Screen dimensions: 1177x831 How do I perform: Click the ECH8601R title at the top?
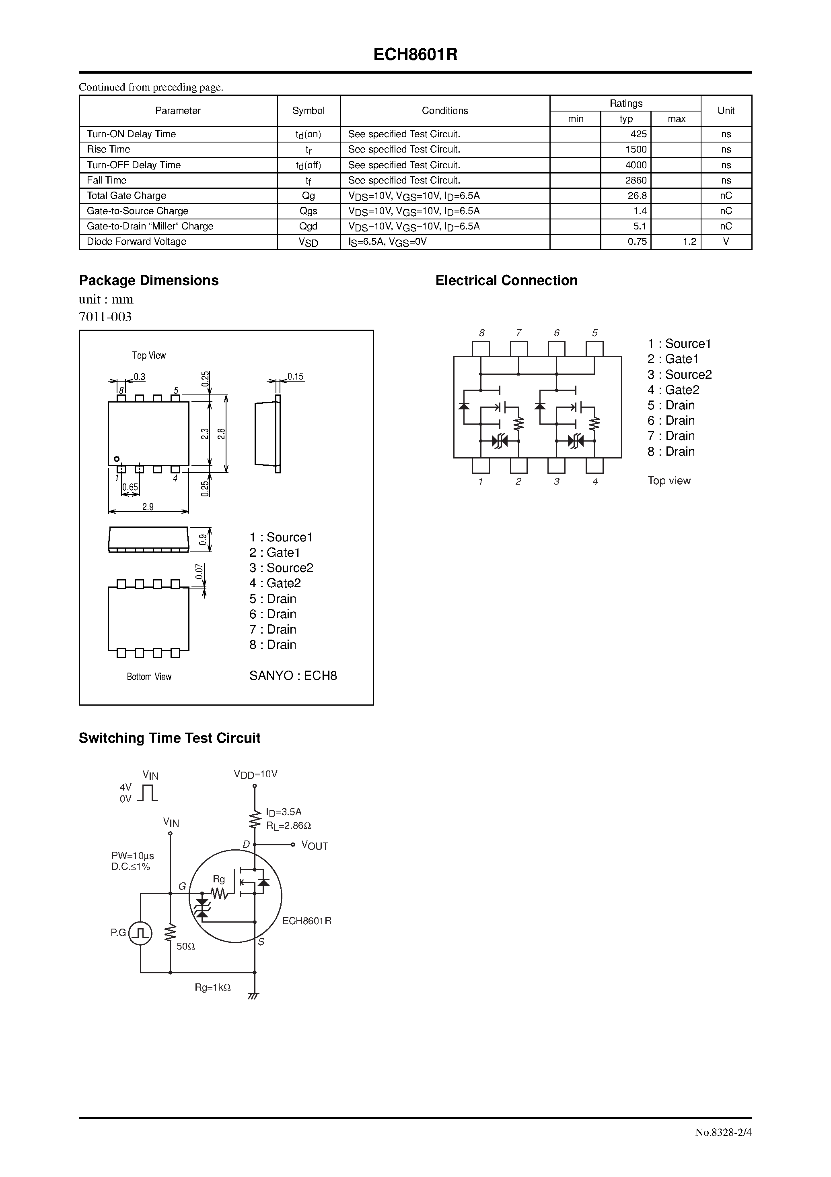click(x=415, y=55)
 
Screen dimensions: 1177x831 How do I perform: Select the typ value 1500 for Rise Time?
click(x=636, y=149)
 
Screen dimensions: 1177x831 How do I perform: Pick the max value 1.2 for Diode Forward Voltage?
click(x=689, y=242)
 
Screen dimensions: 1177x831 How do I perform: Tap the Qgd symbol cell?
click(x=309, y=226)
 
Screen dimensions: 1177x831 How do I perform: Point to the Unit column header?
click(x=726, y=111)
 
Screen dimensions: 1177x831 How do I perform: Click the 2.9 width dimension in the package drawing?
click(x=148, y=506)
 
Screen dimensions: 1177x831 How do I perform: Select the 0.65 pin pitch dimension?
click(x=130, y=487)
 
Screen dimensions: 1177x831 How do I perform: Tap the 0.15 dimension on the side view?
click(x=295, y=376)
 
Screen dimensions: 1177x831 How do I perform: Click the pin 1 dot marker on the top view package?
click(x=117, y=459)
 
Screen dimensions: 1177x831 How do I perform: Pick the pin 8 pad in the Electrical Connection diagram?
click(x=481, y=349)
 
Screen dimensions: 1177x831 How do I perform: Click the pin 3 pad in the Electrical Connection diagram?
click(x=556, y=465)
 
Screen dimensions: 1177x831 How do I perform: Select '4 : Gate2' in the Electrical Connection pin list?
click(x=673, y=390)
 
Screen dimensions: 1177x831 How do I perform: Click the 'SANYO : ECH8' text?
click(x=293, y=675)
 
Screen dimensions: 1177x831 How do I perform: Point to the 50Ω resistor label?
click(x=185, y=947)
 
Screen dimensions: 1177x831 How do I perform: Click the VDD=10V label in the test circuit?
click(x=256, y=774)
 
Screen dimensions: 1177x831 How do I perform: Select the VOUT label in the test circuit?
click(x=315, y=846)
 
